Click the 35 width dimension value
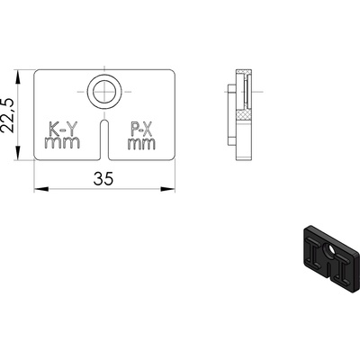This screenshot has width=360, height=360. pos(103,179)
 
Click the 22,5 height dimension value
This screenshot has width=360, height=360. pos(7,115)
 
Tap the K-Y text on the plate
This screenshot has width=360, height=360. pos(61,129)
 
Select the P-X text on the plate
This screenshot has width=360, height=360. pos(141,129)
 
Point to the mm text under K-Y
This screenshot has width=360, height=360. pos(62,142)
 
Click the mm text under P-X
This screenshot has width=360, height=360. pos(141,144)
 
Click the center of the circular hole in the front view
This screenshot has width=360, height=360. pos(104,92)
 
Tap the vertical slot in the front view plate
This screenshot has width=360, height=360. pos(104,139)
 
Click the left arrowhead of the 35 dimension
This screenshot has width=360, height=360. pos(41,189)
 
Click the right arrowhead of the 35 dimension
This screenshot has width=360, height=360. pos(167,189)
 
